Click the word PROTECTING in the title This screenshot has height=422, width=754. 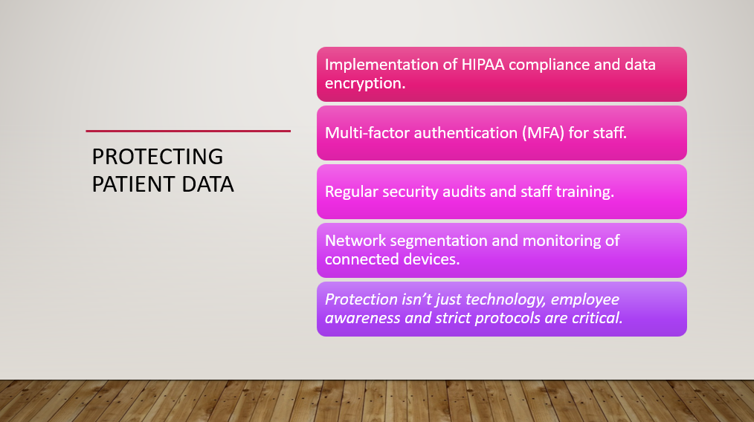point(157,157)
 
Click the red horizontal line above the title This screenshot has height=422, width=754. point(188,131)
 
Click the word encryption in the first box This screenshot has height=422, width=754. point(365,84)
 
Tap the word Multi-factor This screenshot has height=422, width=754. point(367,133)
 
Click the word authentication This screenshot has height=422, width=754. point(465,133)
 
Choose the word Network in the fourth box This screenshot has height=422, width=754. point(355,241)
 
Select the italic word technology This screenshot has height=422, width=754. point(494,300)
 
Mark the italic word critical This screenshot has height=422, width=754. point(597,318)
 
